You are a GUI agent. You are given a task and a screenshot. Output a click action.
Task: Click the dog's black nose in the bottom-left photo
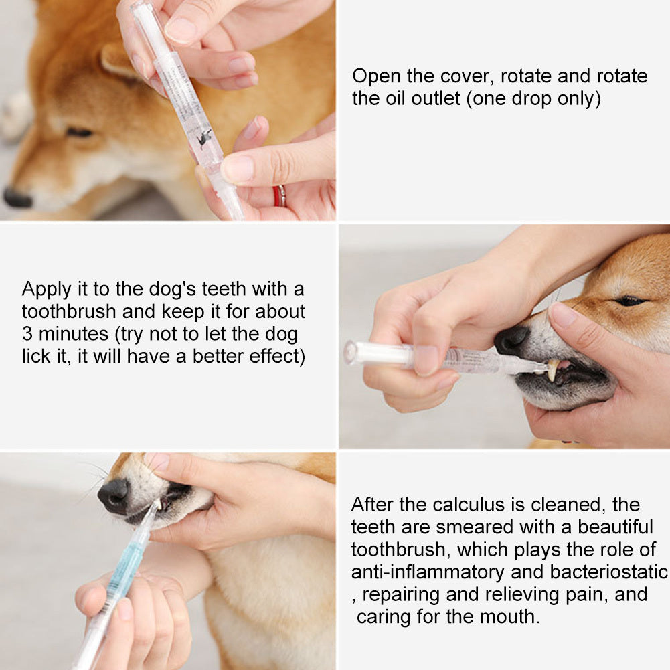[x=113, y=496]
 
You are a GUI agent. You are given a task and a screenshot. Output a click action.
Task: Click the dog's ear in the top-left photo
[x=120, y=60]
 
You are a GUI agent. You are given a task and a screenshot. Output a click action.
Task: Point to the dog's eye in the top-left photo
[x=79, y=132]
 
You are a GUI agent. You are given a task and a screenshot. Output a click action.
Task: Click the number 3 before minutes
[x=27, y=334]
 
